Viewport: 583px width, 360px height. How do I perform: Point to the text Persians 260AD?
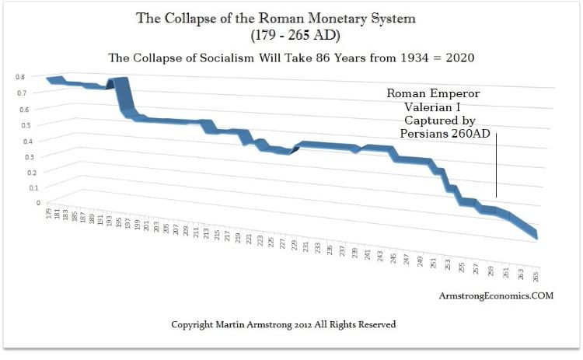445,133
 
